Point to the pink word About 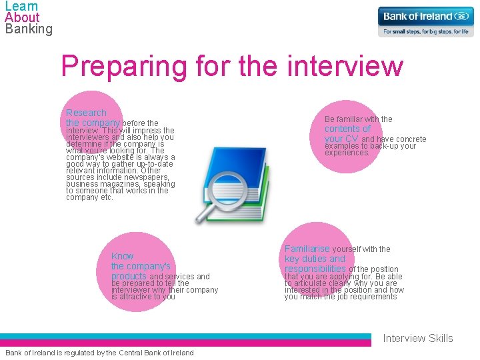22,17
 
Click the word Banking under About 28,29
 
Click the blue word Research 86,113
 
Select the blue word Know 122,256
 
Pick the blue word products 129,276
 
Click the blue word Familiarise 307,249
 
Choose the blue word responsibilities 315,269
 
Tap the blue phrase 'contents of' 347,129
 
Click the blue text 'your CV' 341,139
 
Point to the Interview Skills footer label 417,338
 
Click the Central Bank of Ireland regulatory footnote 99,353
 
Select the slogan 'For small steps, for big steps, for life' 425,31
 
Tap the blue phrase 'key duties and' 315,259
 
